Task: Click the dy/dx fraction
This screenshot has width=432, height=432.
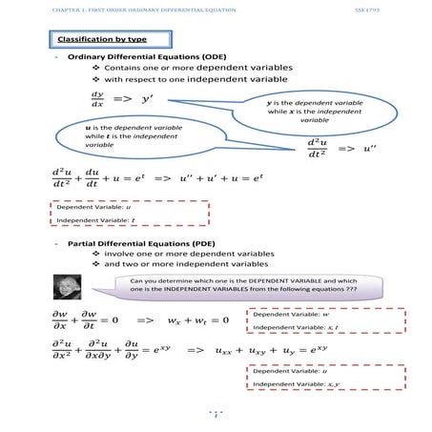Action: (97, 99)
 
